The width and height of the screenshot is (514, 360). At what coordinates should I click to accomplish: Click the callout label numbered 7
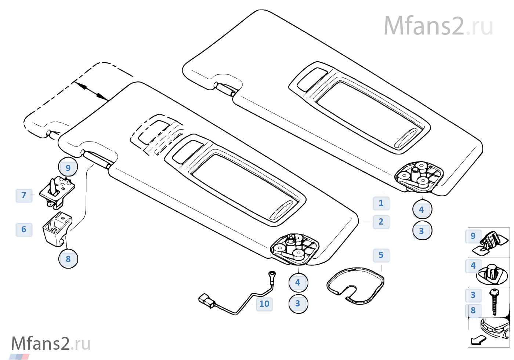(x=24, y=195)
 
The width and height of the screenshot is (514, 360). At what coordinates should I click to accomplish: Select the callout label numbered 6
(x=24, y=230)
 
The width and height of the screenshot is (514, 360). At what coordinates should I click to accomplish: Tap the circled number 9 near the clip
(x=68, y=168)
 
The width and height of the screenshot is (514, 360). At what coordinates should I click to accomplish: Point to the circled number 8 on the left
(x=68, y=259)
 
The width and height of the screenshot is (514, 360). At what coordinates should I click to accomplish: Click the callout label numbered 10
(x=264, y=304)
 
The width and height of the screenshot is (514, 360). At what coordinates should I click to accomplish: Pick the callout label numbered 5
(x=381, y=255)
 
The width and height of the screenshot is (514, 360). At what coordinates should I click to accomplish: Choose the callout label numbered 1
(x=381, y=203)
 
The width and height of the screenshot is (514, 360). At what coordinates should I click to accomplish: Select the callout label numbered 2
(x=381, y=222)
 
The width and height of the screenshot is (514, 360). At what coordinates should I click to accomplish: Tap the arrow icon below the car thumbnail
(x=478, y=340)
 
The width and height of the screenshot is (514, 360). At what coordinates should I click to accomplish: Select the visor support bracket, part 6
(x=57, y=228)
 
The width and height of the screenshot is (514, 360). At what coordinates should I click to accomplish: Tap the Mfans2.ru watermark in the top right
(x=438, y=26)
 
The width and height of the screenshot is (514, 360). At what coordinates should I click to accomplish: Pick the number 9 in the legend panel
(x=473, y=236)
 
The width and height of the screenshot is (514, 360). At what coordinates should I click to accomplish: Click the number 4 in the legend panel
(x=473, y=265)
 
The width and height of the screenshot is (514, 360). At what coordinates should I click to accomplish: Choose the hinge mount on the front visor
(x=294, y=248)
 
